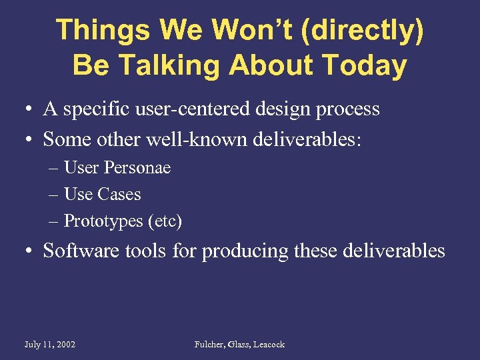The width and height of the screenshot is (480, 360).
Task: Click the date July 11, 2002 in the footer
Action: click(x=49, y=345)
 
